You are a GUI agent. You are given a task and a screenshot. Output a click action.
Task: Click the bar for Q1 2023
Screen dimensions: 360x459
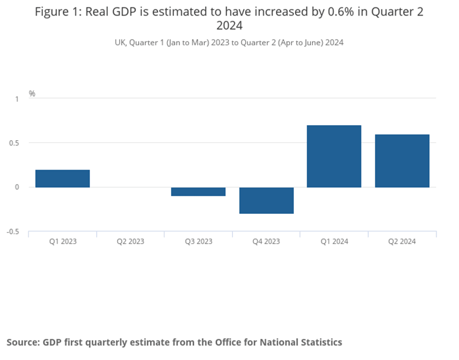63,178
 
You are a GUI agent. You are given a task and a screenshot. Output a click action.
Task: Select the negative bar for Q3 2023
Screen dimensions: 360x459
198,191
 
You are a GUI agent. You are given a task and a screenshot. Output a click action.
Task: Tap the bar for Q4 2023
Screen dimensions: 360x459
266,200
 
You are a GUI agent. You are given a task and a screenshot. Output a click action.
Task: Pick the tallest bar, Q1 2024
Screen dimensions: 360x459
334,156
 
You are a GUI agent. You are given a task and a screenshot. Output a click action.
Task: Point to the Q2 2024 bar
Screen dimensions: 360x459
402,161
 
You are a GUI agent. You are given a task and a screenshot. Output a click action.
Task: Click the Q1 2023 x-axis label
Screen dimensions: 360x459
63,241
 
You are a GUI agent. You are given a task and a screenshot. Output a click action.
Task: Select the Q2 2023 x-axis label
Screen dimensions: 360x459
130,241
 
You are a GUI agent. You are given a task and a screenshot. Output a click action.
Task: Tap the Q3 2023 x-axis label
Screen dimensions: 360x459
198,241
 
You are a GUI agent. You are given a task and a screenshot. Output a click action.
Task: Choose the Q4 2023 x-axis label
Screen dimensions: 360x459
266,241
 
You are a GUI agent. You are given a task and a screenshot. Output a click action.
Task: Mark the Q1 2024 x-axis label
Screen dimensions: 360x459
334,241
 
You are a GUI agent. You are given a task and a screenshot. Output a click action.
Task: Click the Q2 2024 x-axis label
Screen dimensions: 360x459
402,241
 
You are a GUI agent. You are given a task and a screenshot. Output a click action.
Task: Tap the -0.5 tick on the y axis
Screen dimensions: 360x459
13,232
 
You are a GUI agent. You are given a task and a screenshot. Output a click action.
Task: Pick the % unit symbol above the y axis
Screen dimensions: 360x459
32,93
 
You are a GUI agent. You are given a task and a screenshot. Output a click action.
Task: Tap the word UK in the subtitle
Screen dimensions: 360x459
120,42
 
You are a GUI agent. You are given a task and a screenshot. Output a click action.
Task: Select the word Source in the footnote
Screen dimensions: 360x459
23,342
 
